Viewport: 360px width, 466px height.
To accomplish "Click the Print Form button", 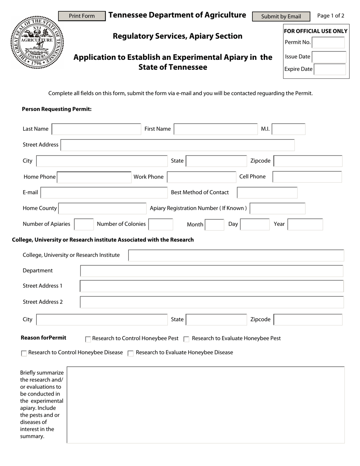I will tap(82, 16).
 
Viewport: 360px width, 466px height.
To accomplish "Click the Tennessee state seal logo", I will tap(37, 42).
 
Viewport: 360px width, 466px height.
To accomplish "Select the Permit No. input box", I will tap(329, 42).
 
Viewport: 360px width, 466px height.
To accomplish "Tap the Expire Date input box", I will tap(330, 69).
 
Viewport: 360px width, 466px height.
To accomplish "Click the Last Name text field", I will tap(96, 129).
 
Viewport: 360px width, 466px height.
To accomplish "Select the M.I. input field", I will tap(288, 129).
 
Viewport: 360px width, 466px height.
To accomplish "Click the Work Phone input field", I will tap(202, 177).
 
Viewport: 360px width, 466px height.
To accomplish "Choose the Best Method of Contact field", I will tap(267, 192).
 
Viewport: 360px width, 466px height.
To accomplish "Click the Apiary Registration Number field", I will tap(277, 208).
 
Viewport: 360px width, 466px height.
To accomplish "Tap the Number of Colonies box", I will tap(161, 224).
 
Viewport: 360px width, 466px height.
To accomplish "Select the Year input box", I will tap(305, 224).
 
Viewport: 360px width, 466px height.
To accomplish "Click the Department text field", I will tap(211, 271).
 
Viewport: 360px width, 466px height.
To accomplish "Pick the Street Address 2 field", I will tap(211, 302).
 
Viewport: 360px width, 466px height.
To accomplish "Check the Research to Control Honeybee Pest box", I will tap(88, 339).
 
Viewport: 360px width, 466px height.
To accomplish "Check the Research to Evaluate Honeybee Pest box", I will tap(186, 339).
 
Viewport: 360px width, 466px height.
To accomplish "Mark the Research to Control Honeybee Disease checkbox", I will tap(24, 353).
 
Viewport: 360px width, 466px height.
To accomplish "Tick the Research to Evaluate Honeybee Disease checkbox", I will tap(131, 353).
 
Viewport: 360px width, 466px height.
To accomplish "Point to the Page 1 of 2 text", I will tap(330, 16).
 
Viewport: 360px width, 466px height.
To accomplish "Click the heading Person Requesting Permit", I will tap(57, 109).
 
